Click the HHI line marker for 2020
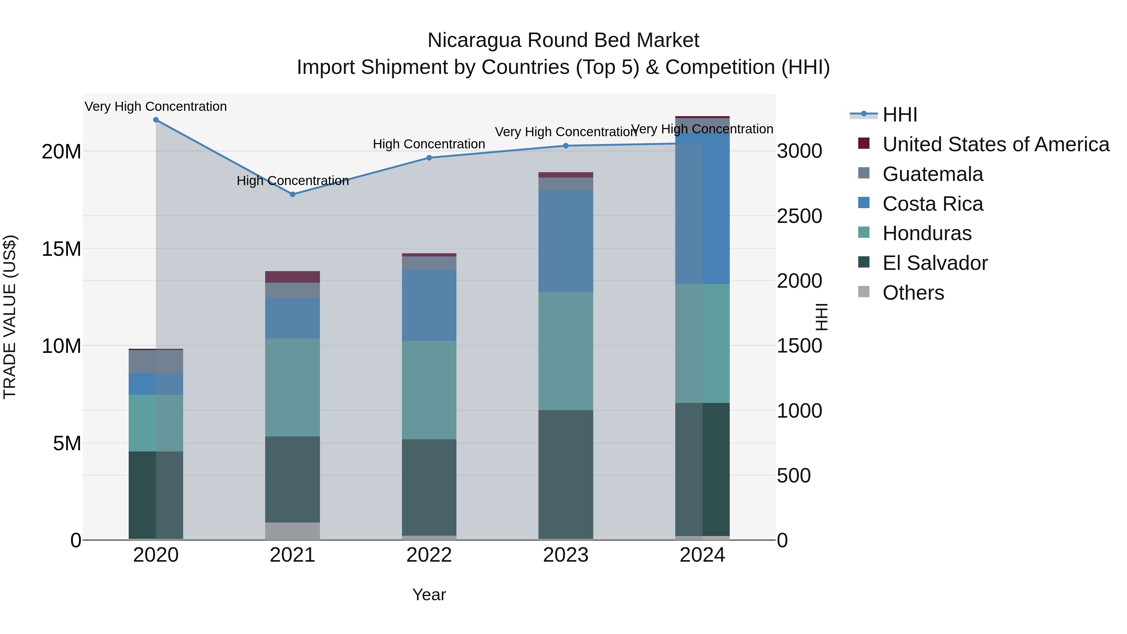click(x=156, y=120)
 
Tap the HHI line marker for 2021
click(x=293, y=194)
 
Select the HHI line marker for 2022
click(x=429, y=158)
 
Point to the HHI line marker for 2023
click(x=566, y=146)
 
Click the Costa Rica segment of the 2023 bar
click(x=566, y=241)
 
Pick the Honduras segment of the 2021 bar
click(x=293, y=387)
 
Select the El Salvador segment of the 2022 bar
click(x=429, y=487)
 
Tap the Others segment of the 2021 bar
click(x=293, y=531)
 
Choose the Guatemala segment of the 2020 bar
click(x=156, y=361)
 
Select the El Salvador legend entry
click(x=934, y=263)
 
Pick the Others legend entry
click(x=913, y=293)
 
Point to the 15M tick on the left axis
click(x=61, y=249)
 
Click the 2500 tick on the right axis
click(x=799, y=216)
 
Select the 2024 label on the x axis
click(x=702, y=555)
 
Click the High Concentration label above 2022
click(x=429, y=144)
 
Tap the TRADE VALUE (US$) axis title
click(x=10, y=317)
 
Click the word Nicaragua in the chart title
click(x=474, y=40)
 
